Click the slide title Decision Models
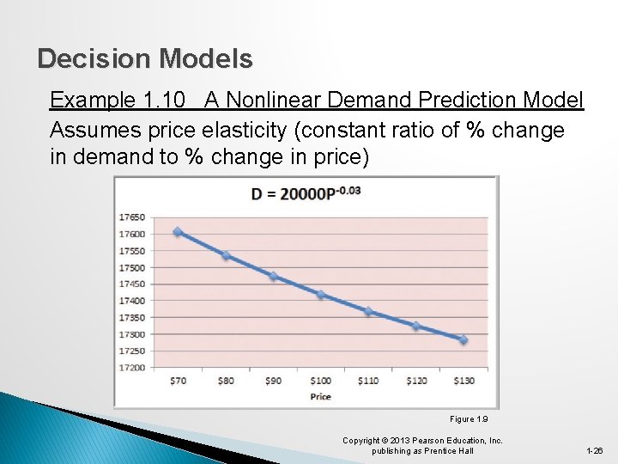[x=145, y=58]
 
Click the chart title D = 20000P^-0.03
[x=306, y=194]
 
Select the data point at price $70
[x=178, y=232]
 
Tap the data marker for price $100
[x=320, y=295]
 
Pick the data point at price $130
[x=463, y=339]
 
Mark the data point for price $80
[x=226, y=255]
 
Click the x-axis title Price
[x=320, y=396]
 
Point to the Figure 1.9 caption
[x=469, y=419]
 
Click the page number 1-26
[x=594, y=450]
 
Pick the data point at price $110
[x=368, y=311]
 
